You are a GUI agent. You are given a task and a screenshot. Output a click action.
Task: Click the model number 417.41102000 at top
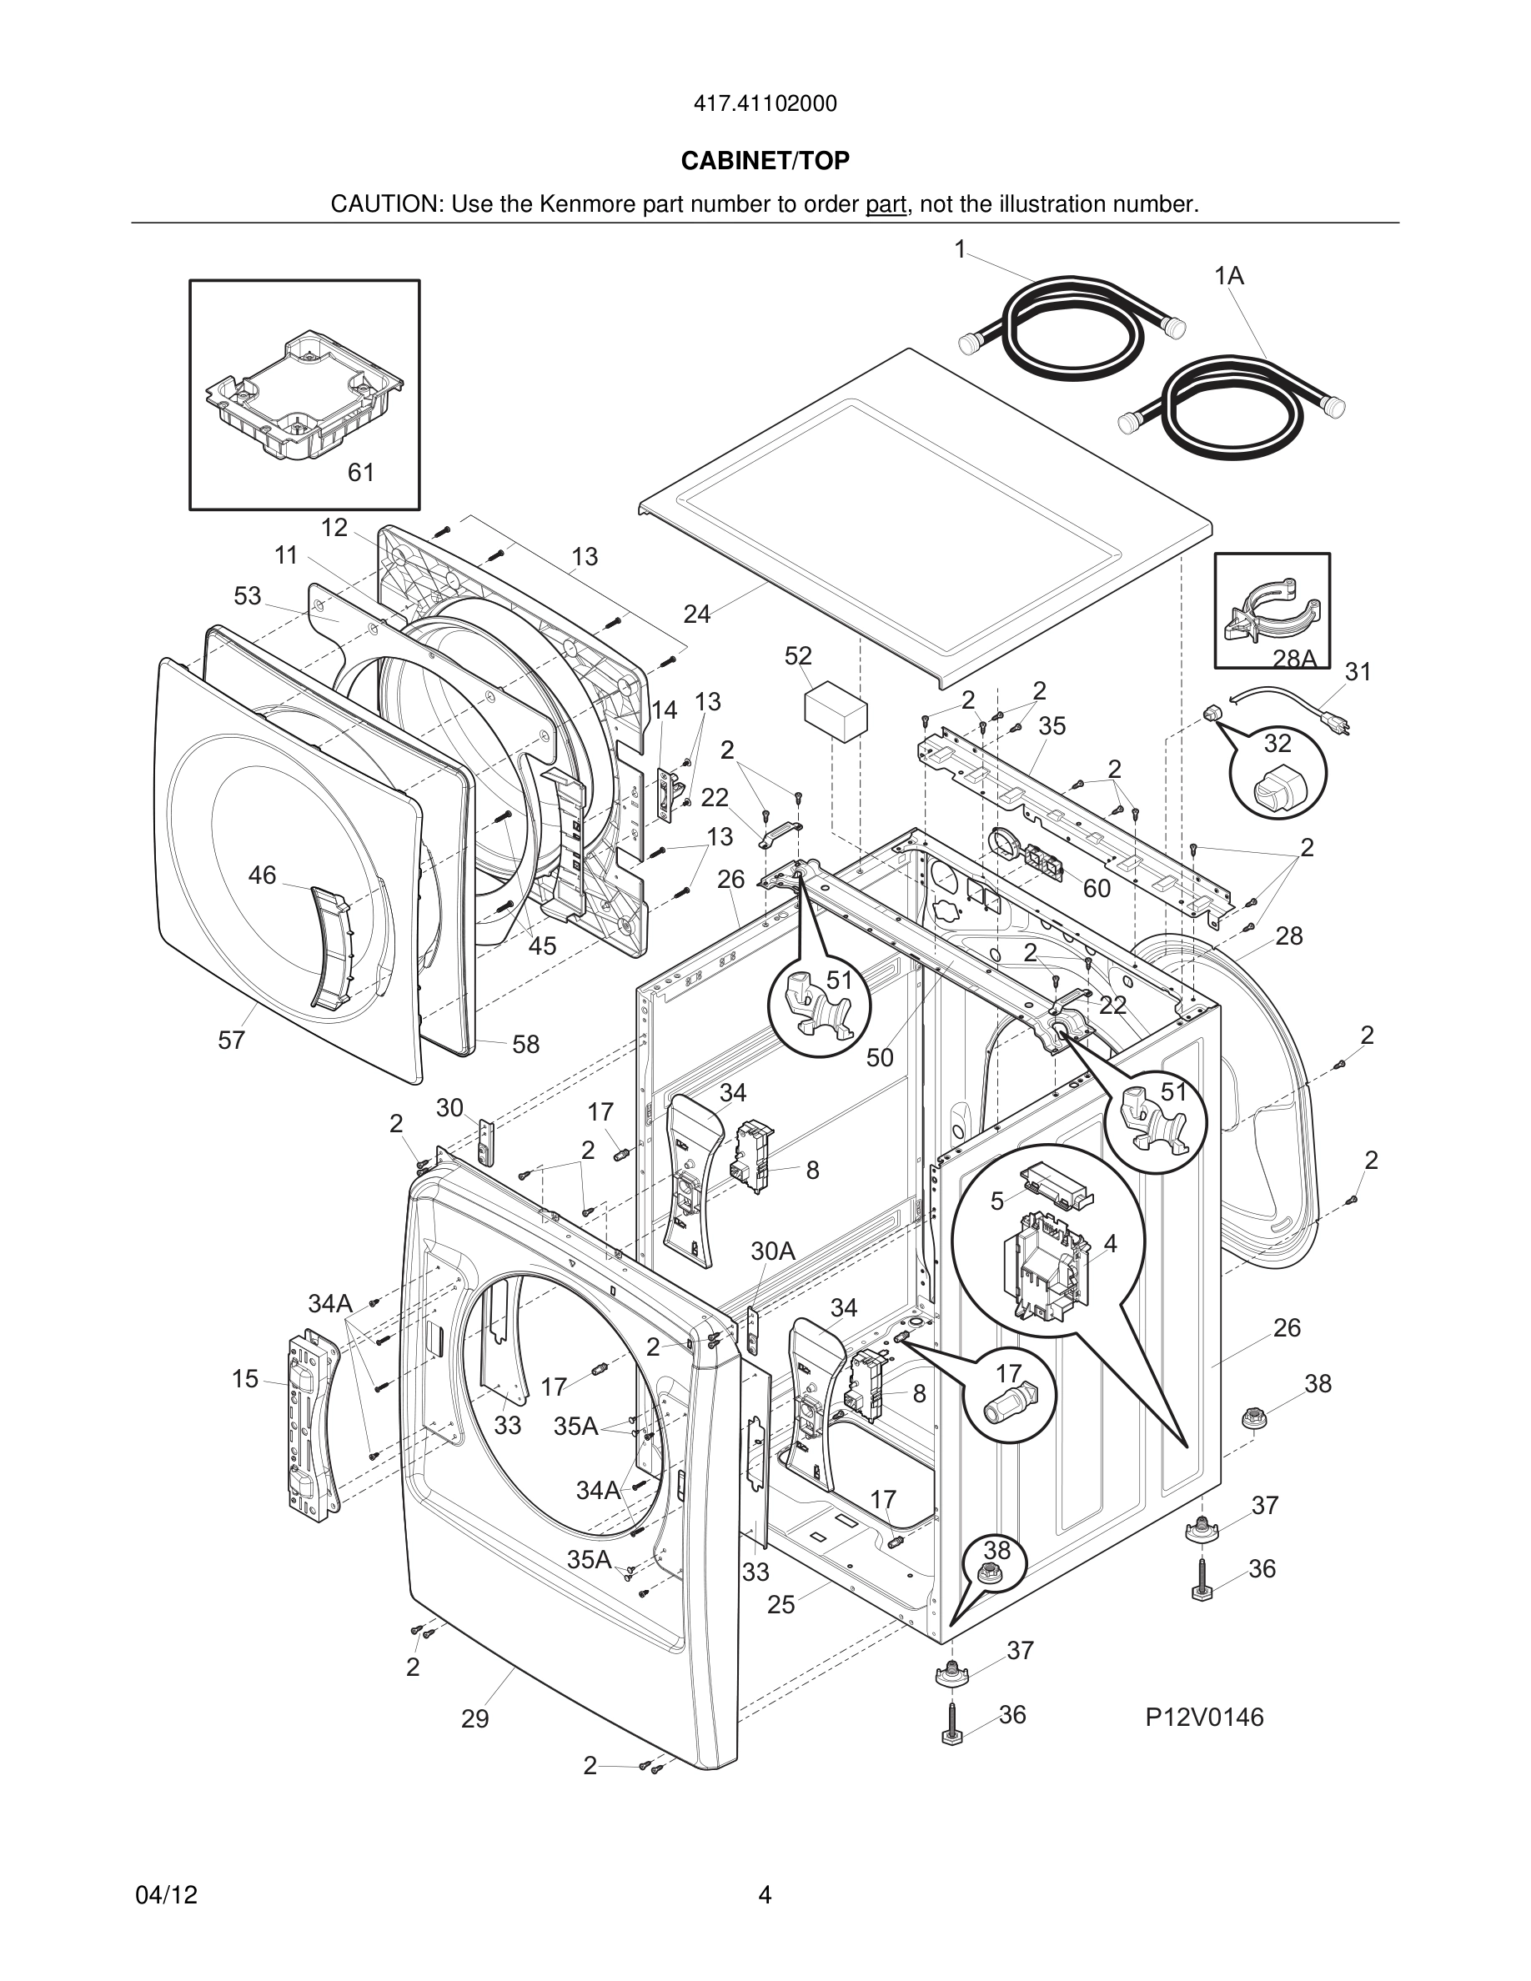[x=765, y=104]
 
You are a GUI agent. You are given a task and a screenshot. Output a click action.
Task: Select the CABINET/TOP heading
[x=765, y=162]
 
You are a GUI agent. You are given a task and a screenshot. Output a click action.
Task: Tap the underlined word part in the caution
[x=886, y=205]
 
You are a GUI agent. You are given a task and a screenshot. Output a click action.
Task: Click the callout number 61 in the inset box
[x=361, y=473]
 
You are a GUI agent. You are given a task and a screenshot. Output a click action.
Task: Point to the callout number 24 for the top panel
[x=696, y=615]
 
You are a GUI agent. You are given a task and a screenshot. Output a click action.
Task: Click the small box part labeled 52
[x=836, y=714]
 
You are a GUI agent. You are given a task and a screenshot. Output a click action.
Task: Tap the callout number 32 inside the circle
[x=1277, y=744]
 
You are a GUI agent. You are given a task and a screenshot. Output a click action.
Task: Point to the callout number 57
[x=231, y=1041]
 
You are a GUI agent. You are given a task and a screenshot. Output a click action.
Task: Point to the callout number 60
[x=1097, y=889]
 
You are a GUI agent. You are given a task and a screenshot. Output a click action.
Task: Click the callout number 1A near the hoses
[x=1229, y=277]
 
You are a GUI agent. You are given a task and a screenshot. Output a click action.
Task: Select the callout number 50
[x=880, y=1058]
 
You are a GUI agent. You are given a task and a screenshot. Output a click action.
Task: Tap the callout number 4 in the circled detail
[x=1110, y=1244]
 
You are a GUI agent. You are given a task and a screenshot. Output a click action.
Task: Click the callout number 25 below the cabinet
[x=781, y=1605]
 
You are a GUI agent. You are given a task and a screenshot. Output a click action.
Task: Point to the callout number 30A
[x=773, y=1251]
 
